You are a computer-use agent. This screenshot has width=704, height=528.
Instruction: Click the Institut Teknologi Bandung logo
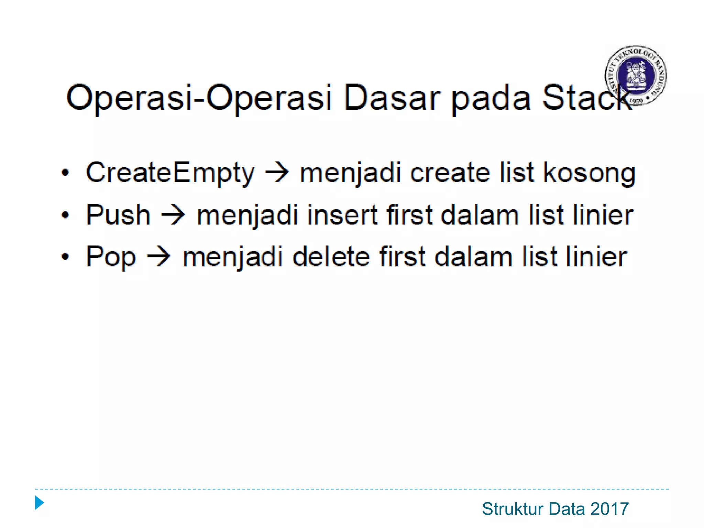click(636, 75)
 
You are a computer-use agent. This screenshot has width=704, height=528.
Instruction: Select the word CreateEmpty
click(170, 173)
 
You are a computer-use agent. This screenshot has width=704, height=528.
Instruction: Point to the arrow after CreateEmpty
click(277, 173)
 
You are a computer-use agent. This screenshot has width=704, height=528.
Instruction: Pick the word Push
click(118, 215)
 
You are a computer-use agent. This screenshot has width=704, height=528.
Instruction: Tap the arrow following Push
click(173, 215)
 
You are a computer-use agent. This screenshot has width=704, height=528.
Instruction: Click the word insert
click(342, 215)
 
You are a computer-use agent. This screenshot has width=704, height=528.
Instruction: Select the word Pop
click(111, 257)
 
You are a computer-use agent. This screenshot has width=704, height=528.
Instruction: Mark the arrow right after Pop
click(159, 257)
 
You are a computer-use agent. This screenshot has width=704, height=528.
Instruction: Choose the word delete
click(331, 257)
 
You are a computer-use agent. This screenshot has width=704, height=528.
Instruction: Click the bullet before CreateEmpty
click(65, 173)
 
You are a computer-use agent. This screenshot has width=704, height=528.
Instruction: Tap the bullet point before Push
click(65, 215)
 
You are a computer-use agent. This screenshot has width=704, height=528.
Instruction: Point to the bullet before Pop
click(65, 257)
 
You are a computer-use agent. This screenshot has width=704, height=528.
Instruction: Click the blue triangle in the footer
click(40, 503)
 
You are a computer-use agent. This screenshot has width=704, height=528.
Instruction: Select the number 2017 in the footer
click(609, 509)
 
